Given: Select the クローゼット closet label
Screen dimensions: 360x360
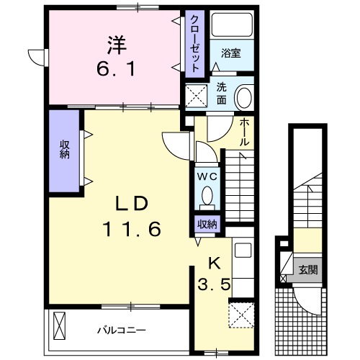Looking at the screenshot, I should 194,42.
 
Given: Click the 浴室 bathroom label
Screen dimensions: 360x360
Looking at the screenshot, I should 230,53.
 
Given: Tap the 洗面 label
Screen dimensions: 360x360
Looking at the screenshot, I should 222,94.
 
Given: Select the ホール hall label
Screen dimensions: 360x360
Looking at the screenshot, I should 244,132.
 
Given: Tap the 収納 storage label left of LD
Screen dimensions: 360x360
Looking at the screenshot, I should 64,150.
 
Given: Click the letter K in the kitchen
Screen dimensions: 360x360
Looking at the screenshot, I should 214,262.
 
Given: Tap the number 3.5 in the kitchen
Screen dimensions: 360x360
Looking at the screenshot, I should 214,284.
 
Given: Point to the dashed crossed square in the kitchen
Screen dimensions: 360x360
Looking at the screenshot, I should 239,315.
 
